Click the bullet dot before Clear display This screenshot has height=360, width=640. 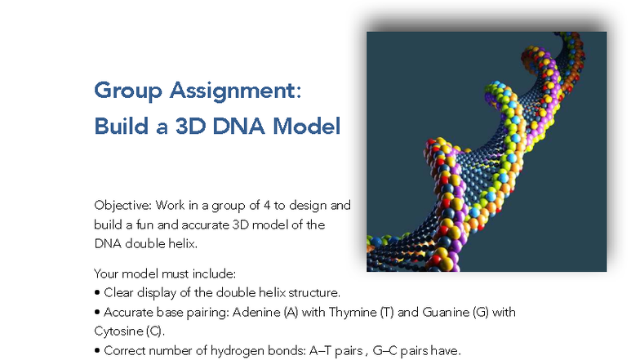pyautogui.click(x=97, y=292)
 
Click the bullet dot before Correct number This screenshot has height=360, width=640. pyautogui.click(x=97, y=351)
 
